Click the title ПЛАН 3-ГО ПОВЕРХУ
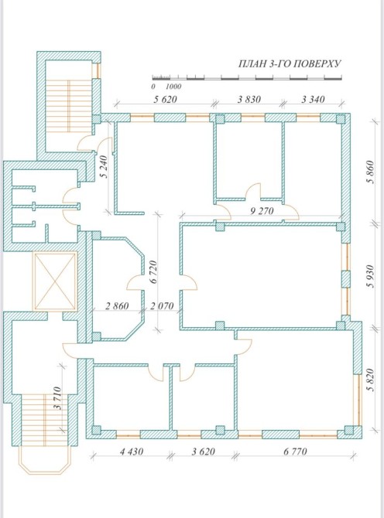(x=290, y=63)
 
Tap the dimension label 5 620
(x=165, y=99)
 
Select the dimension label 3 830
(x=249, y=99)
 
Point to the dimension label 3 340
(x=313, y=99)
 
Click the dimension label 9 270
(x=262, y=210)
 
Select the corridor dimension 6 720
(x=153, y=272)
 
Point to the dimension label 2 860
(x=117, y=306)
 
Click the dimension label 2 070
(x=162, y=306)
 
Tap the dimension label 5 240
(x=105, y=167)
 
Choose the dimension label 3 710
(x=57, y=398)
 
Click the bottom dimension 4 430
(x=132, y=452)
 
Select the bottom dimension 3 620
(x=203, y=452)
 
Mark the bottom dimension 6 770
(x=295, y=452)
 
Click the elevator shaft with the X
(x=55, y=281)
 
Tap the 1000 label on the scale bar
(x=173, y=87)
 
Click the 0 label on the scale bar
(x=153, y=87)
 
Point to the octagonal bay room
(x=118, y=288)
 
